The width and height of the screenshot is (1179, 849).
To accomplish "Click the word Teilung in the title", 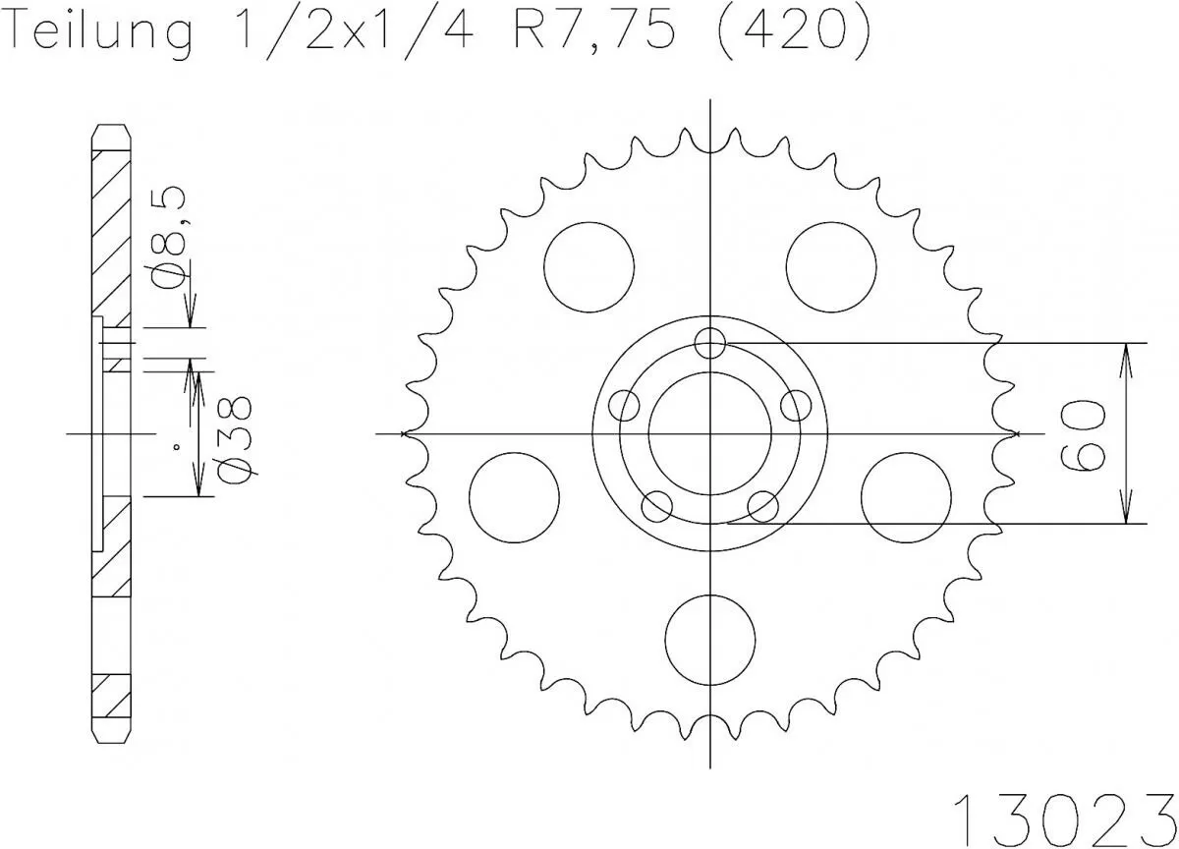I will pos(98,33).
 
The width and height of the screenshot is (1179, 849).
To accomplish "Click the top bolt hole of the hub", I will pos(709,343).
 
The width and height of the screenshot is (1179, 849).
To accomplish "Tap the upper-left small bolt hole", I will pos(624,405).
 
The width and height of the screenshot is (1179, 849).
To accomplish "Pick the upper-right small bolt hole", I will pos(796,405).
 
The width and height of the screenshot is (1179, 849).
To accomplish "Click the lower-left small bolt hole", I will pos(656,506).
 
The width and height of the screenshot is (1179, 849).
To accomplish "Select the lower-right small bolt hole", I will pos(763,506).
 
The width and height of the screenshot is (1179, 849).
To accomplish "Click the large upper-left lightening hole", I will pos(589,267).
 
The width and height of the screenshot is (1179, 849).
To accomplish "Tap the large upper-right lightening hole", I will pos(831,267).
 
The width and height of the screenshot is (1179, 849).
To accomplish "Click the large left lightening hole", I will pos(515,497).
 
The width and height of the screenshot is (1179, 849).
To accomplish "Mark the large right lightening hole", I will pos(905,497).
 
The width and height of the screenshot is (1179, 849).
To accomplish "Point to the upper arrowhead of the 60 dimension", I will pos(1126,354).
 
